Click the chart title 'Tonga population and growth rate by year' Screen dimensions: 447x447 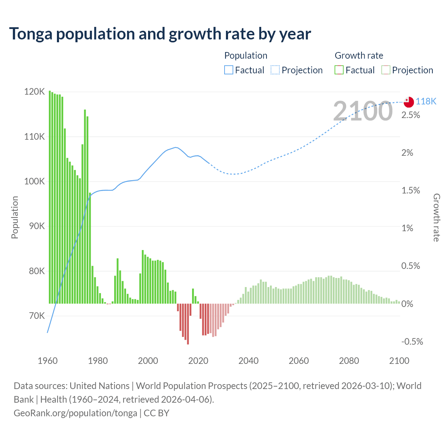point(160,34)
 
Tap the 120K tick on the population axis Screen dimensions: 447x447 point(35,92)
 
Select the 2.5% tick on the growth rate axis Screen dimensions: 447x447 point(411,115)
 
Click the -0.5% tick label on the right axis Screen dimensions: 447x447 point(412,342)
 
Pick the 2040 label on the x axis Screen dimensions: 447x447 point(248,361)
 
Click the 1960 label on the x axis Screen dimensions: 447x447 point(47,361)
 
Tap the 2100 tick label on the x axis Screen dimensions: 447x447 point(399,361)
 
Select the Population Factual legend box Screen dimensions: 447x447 point(228,70)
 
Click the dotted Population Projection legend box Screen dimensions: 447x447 point(275,70)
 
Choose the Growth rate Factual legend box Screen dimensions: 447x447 point(339,70)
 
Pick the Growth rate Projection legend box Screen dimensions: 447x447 point(386,70)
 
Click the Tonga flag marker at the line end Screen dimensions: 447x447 point(409,102)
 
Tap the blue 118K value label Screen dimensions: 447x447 point(426,101)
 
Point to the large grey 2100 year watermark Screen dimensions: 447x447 point(363,111)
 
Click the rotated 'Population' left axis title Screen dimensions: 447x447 point(15,217)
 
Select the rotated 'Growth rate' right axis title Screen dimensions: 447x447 point(437,218)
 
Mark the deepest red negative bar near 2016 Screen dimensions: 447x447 point(188,324)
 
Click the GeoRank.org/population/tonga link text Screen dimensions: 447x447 point(75,413)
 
